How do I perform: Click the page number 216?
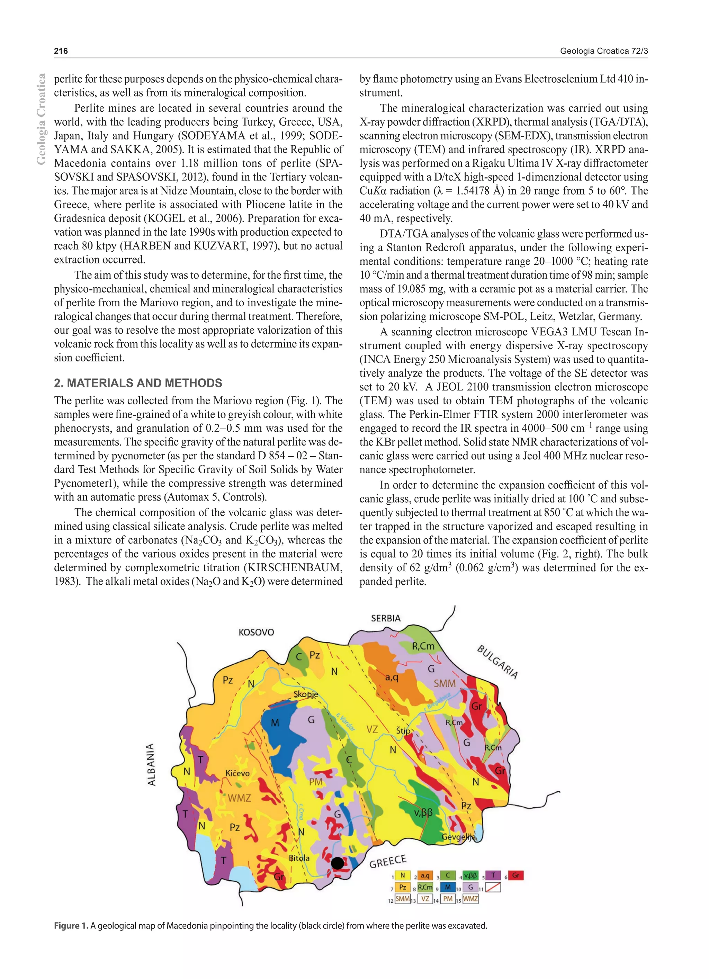(61, 51)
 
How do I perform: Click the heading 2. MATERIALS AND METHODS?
(138, 383)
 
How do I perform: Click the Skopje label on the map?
(306, 694)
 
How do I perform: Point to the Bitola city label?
(299, 858)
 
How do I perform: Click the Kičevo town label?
(237, 773)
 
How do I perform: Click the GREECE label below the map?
(388, 862)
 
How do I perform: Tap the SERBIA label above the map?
(386, 618)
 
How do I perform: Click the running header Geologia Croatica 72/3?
(604, 51)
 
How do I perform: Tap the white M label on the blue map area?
(275, 722)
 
